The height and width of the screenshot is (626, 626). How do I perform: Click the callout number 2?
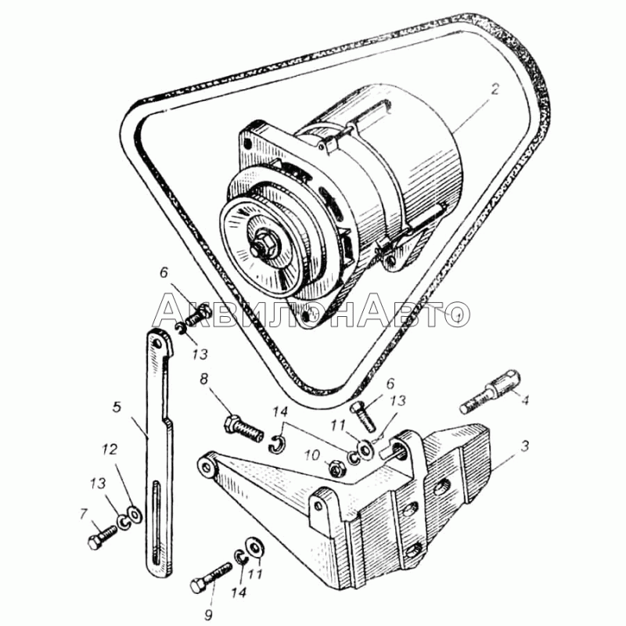tap(495, 89)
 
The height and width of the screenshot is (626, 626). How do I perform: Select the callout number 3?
tap(524, 446)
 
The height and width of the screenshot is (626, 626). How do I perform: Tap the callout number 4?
tap(525, 400)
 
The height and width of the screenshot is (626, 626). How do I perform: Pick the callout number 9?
tap(208, 615)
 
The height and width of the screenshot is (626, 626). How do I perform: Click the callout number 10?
tap(312, 455)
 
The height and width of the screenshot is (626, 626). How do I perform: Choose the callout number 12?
tap(109, 449)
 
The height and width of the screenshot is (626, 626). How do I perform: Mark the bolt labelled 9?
tap(210, 577)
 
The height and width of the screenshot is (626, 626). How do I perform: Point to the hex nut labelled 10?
tap(337, 468)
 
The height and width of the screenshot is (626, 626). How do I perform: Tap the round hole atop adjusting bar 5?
tap(157, 343)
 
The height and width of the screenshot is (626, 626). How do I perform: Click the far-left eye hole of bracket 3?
tap(207, 466)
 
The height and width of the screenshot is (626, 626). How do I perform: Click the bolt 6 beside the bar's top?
tap(198, 314)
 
